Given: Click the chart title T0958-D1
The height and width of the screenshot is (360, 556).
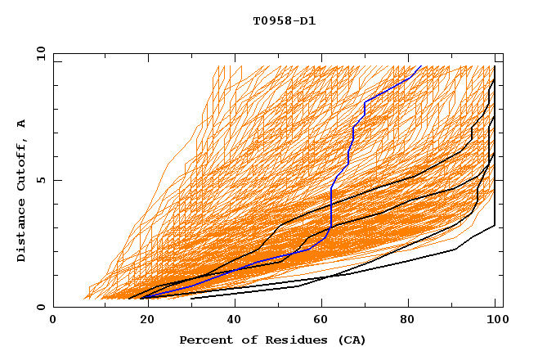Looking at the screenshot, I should coord(284,21).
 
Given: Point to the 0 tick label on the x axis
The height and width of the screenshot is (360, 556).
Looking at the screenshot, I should coord(53,320).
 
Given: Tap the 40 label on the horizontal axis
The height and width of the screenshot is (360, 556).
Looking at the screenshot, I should coord(235,320).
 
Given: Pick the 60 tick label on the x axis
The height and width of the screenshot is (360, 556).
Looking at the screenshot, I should coord(323,320).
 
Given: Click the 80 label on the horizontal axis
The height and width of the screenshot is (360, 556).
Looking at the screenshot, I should coord(411,320).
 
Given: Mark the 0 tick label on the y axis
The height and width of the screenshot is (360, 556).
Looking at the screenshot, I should coord(39,307).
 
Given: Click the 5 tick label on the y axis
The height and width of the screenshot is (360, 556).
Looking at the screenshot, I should coord(39,180).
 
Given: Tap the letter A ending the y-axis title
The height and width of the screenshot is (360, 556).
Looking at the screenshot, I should coord(21,124).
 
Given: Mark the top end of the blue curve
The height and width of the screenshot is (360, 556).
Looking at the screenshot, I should coord(420,66).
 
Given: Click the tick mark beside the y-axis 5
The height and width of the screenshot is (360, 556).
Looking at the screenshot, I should coord(56,180).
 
